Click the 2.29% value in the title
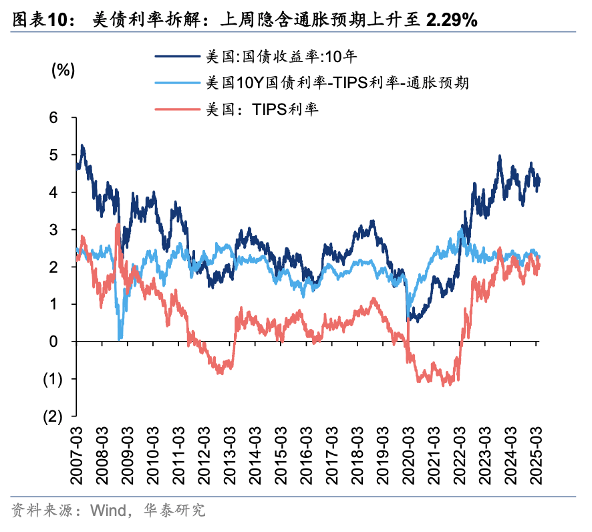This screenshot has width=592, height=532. (x=451, y=19)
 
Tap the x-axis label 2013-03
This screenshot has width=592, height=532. (x=230, y=455)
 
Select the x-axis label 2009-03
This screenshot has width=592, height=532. (x=128, y=455)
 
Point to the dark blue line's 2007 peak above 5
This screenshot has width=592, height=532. (x=82, y=146)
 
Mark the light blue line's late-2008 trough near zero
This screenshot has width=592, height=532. (x=120, y=338)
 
